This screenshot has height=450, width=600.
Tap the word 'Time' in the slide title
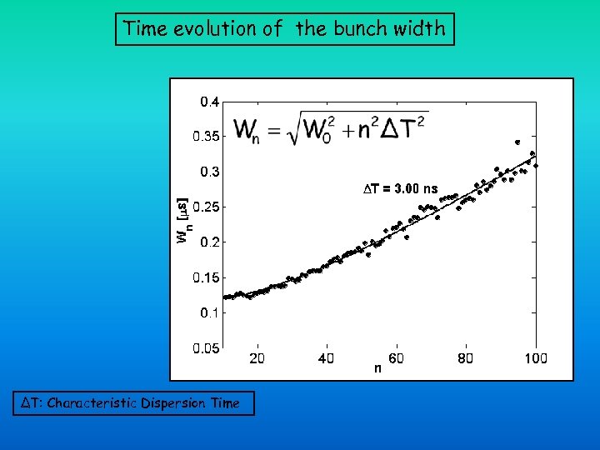point(142,28)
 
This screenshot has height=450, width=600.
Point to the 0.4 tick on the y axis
point(209,102)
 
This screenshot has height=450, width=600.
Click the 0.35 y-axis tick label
point(207,137)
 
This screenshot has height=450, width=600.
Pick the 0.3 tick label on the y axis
point(209,172)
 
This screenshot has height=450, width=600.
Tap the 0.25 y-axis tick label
point(207,207)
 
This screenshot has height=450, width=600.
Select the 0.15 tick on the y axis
point(207,277)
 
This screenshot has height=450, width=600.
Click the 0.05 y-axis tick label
point(207,348)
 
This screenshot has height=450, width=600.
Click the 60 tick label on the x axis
point(396,358)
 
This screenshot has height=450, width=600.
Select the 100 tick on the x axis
point(535,358)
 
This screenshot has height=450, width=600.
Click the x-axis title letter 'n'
point(378,367)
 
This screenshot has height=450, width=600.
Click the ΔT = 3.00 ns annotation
point(403,189)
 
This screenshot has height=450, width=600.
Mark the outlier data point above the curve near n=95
point(517,142)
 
